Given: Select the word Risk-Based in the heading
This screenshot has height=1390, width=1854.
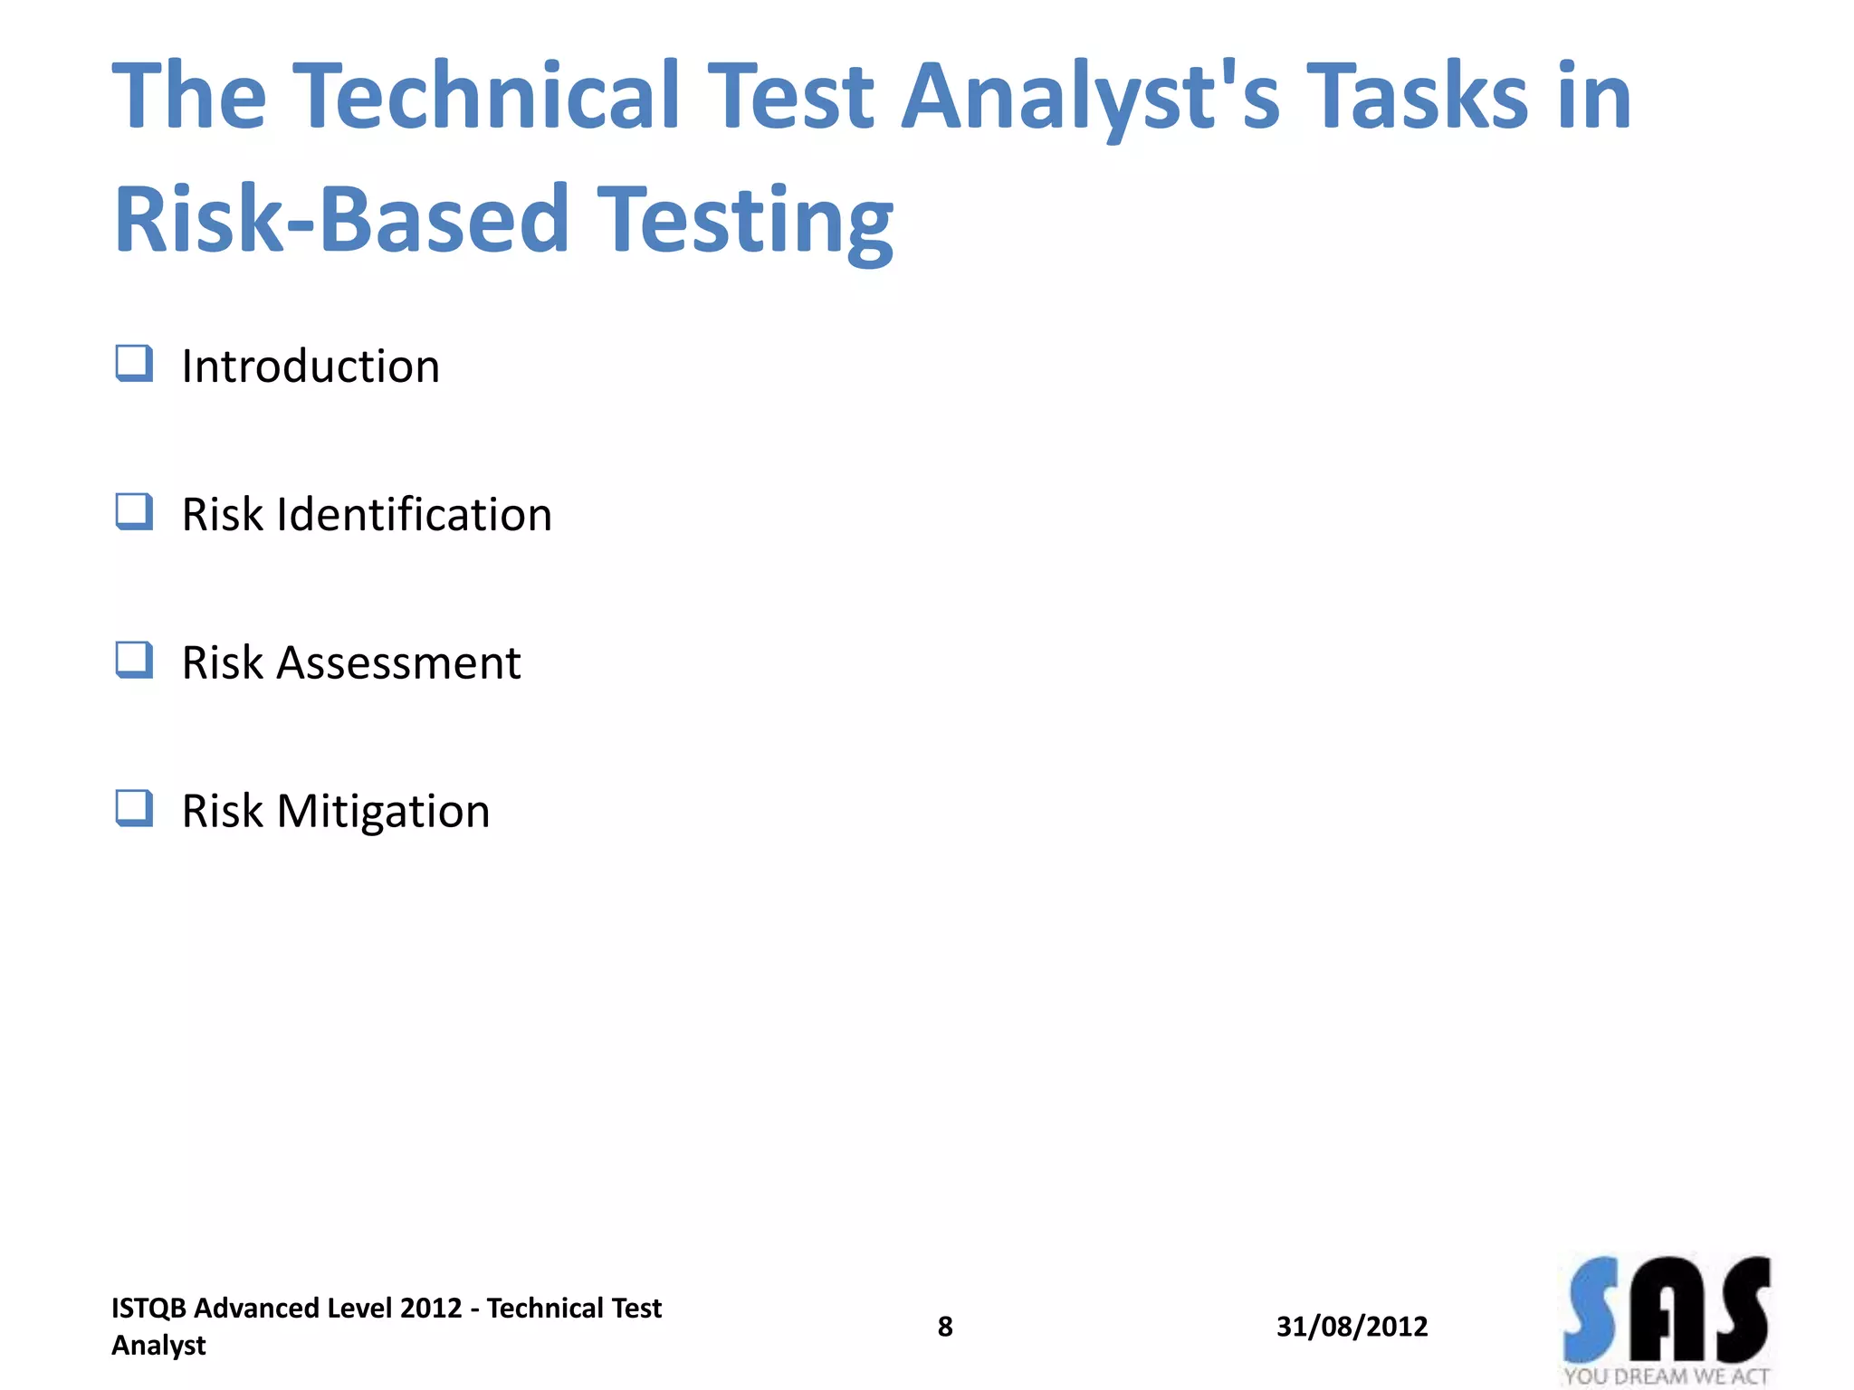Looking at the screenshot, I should tap(340, 218).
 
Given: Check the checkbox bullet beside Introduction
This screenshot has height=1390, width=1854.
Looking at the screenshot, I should tap(134, 364).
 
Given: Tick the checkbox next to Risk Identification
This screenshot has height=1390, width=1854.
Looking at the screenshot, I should tap(134, 512).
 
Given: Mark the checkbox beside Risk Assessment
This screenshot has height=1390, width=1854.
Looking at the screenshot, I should tap(134, 661).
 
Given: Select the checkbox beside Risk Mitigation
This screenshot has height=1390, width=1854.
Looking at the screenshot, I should tap(134, 809).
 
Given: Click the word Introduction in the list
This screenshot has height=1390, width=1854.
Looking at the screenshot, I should tap(311, 367).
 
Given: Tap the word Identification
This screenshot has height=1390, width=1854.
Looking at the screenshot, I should tap(414, 515).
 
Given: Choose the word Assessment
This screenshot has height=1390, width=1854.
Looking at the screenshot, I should tap(398, 663).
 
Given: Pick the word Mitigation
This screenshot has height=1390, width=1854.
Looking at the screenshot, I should tap(383, 812).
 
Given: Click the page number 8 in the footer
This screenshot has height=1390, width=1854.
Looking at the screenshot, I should tap(944, 1327).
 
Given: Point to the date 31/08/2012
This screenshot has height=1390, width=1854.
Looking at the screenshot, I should tap(1352, 1327).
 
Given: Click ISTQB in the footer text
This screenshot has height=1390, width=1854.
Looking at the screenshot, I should tap(148, 1309).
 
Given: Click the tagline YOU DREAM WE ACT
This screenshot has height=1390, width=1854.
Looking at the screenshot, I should tap(1666, 1376).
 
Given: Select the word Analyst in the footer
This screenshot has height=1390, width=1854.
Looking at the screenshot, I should tap(158, 1346).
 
